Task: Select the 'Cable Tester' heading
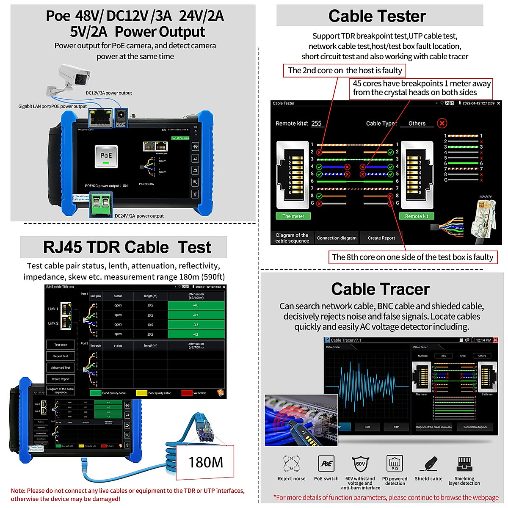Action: click(x=377, y=16)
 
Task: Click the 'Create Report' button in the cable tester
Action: click(x=381, y=238)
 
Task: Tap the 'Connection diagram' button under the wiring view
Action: click(x=337, y=238)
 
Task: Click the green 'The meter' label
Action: click(x=293, y=216)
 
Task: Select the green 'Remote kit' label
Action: click(x=417, y=216)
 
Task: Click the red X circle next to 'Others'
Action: click(x=442, y=123)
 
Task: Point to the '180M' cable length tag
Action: click(x=205, y=462)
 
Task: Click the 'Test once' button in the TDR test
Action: click(x=61, y=345)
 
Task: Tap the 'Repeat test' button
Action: click(x=61, y=356)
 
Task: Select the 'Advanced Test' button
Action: click(x=61, y=367)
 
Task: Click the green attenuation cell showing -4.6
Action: click(x=196, y=305)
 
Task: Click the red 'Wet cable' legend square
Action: click(x=187, y=393)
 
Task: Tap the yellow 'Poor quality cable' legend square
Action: click(x=141, y=393)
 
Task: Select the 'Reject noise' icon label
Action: click(x=291, y=478)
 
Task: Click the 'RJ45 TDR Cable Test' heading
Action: click(x=127, y=247)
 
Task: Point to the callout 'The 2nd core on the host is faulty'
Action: click(x=345, y=70)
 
